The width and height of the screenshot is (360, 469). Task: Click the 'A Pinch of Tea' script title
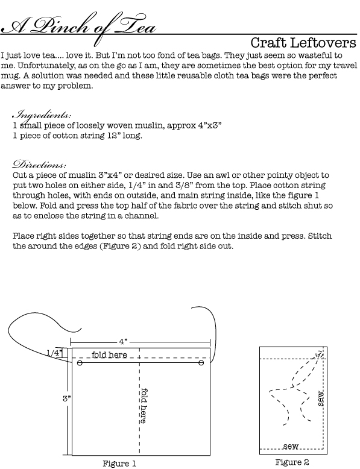click(x=78, y=28)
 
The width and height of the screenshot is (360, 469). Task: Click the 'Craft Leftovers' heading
click(x=303, y=43)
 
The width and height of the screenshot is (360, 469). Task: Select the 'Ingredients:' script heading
click(x=42, y=115)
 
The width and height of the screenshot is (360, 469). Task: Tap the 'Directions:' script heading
click(x=39, y=165)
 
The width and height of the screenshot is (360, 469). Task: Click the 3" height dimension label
click(x=66, y=398)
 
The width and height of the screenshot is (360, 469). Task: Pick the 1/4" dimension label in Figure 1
click(x=55, y=353)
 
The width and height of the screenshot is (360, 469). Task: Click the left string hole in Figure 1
click(x=80, y=363)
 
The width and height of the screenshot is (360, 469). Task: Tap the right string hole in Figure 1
click(x=201, y=363)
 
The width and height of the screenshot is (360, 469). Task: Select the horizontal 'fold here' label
click(x=109, y=354)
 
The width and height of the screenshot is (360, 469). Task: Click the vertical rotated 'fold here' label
click(x=144, y=406)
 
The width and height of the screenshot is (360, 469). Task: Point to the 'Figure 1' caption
click(x=119, y=464)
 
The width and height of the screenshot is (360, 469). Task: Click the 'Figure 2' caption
click(x=292, y=462)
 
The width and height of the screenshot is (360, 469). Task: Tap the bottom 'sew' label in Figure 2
click(x=291, y=447)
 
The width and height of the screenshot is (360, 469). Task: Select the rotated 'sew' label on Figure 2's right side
click(x=320, y=398)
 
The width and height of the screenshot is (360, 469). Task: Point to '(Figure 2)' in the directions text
click(x=120, y=246)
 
